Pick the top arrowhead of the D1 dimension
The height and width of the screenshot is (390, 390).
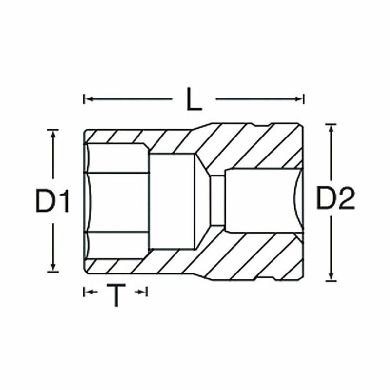(53, 133)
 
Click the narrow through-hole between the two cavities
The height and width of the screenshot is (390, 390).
(217, 200)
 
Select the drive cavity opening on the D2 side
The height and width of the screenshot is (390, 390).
(263, 200)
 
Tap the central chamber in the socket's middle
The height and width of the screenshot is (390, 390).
(173, 200)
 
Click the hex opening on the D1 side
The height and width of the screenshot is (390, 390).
(117, 200)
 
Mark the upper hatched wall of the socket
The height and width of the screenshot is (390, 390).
(244, 146)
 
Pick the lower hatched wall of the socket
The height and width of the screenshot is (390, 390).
(244, 256)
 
